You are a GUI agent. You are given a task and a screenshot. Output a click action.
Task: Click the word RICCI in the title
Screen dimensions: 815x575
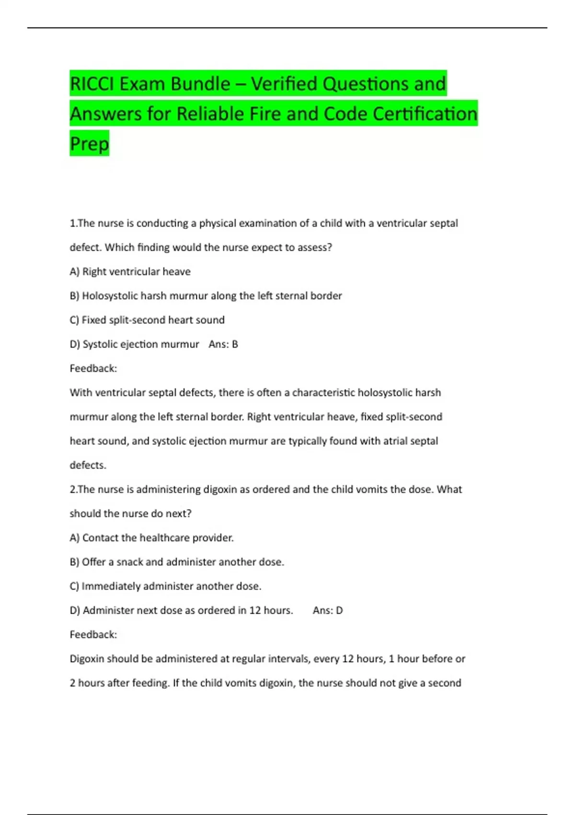tap(92, 84)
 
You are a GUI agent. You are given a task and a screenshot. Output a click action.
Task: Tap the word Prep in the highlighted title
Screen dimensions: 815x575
tap(90, 143)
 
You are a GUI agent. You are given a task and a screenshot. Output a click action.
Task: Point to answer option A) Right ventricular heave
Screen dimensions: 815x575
tap(130, 272)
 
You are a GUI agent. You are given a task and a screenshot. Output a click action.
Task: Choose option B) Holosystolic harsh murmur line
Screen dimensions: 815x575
tap(206, 296)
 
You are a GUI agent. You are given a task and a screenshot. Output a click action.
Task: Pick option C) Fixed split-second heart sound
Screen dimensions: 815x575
tap(147, 320)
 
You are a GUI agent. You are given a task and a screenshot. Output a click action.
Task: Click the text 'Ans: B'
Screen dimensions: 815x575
tap(223, 344)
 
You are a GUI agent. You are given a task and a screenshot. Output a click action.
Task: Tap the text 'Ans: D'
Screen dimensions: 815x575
tap(328, 610)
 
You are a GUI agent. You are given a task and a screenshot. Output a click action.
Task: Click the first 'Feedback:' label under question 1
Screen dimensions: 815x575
tap(93, 368)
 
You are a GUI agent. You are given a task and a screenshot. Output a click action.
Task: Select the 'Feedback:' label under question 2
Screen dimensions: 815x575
tap(93, 634)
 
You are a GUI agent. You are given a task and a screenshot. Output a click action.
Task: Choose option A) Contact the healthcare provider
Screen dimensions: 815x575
tap(151, 538)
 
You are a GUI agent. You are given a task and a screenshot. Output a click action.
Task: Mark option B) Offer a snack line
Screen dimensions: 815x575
tap(177, 562)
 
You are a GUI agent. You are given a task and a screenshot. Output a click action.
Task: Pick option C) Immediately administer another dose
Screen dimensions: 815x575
tap(165, 586)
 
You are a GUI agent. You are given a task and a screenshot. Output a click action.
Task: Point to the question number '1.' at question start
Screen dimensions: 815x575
tap(73, 223)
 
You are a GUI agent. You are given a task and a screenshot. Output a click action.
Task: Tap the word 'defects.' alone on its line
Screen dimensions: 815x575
tap(88, 465)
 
